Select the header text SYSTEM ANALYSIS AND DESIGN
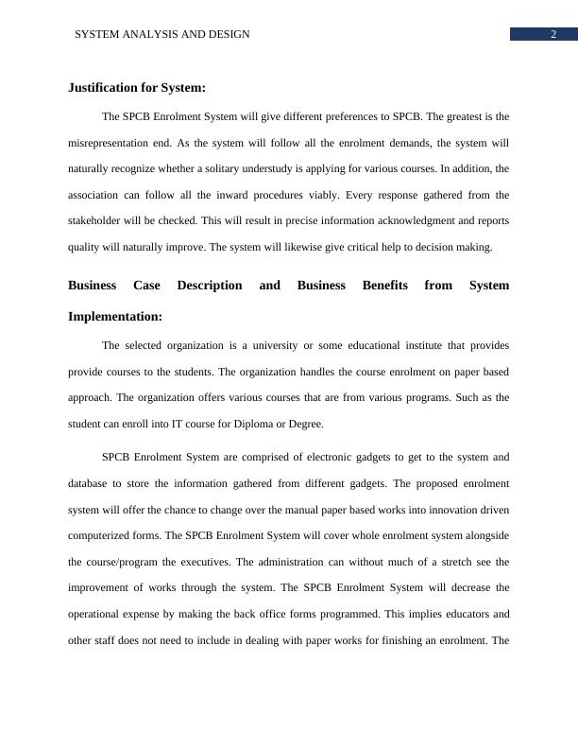[162, 34]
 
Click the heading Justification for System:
[137, 88]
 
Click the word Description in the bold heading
[210, 285]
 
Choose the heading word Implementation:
[115, 316]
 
